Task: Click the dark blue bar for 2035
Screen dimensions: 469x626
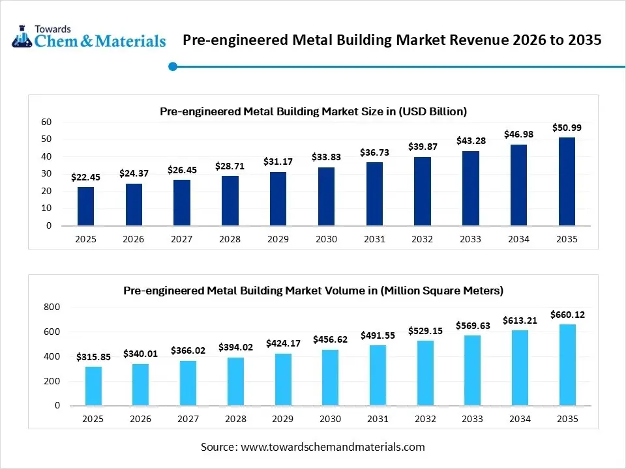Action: (567, 181)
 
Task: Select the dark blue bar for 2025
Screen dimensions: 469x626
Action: (85, 206)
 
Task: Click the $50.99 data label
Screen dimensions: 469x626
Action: (567, 128)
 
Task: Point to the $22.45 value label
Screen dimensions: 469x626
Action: (85, 177)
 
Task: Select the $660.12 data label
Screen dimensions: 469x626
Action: (567, 315)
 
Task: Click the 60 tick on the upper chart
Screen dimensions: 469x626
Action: (46, 122)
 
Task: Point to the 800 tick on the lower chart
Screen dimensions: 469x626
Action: (52, 307)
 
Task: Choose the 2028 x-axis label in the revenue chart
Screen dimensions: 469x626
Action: (230, 239)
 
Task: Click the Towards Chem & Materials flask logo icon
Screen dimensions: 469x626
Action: (22, 36)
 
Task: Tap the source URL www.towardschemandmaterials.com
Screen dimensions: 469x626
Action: (333, 447)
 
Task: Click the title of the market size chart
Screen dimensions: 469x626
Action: (313, 111)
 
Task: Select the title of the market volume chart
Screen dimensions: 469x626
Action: (313, 290)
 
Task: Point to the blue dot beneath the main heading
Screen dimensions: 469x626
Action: (173, 66)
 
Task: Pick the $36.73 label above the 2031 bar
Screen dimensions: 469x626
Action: (374, 152)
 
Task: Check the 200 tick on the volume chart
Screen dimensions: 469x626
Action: (52, 381)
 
